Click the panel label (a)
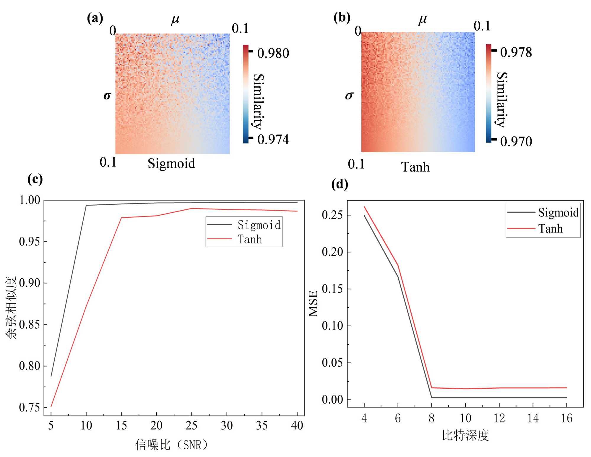(95, 18)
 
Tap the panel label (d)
(340, 184)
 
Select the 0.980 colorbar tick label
(273, 54)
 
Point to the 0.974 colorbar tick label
(273, 139)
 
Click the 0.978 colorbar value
(516, 52)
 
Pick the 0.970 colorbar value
(516, 141)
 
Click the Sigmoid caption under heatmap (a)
(171, 164)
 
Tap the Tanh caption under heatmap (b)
(415, 167)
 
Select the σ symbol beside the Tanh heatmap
(349, 96)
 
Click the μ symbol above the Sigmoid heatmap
(175, 20)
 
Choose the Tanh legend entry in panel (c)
(250, 239)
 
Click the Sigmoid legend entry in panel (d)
(558, 212)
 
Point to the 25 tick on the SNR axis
(191, 426)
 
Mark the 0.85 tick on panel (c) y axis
(29, 325)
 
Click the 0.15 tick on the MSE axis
(332, 289)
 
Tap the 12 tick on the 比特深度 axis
(499, 418)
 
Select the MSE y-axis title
(313, 303)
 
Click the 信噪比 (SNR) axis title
(172, 445)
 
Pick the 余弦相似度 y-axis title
(11, 308)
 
